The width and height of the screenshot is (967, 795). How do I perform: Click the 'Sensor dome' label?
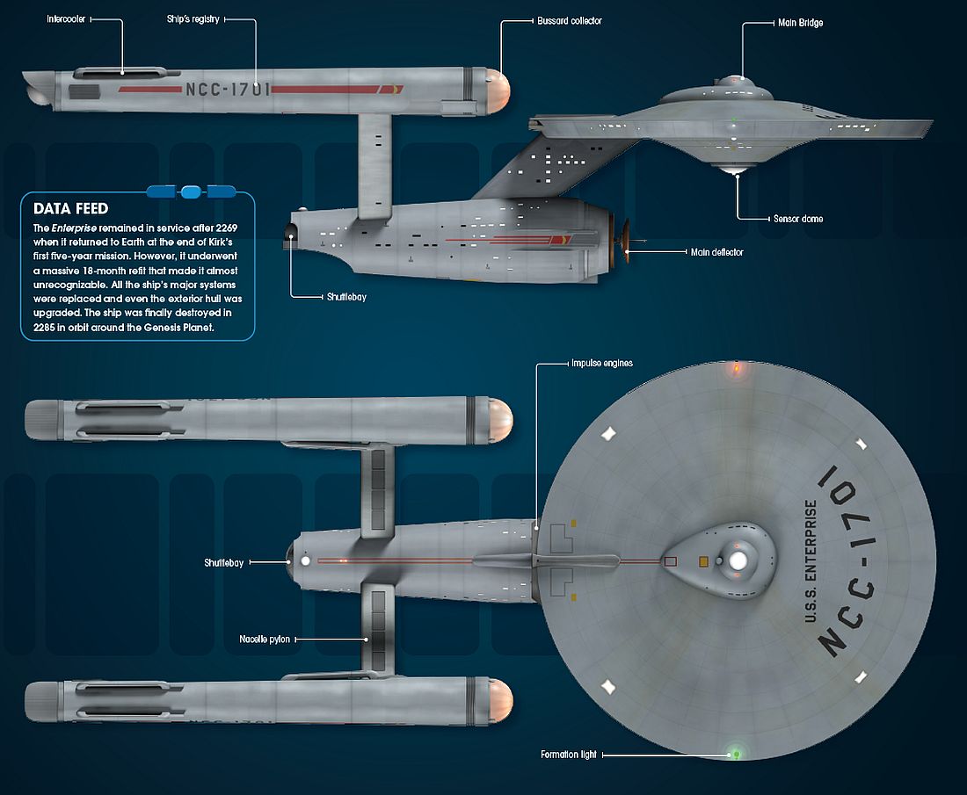coord(797,218)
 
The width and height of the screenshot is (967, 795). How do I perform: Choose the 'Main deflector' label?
coord(716,252)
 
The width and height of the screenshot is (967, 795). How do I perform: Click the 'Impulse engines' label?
coord(602,363)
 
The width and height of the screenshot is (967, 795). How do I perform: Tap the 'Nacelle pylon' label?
coord(265,640)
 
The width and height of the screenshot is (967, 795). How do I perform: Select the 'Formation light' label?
coord(570,755)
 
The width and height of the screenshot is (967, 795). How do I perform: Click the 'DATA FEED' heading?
coord(70,209)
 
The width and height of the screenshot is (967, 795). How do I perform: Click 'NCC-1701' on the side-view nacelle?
coord(228,89)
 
